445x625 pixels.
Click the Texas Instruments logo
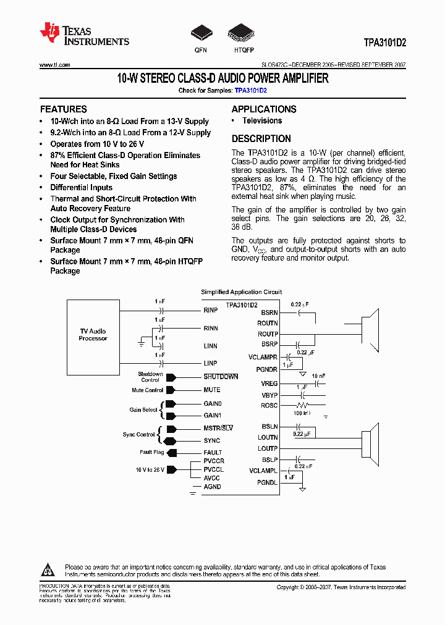(x=84, y=35)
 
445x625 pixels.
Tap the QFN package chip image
(x=201, y=33)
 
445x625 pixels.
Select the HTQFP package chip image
(x=240, y=33)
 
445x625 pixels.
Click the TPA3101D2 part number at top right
(x=384, y=44)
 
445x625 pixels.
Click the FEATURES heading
(x=63, y=109)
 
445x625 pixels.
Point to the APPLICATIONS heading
(x=264, y=109)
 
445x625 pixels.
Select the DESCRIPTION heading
(x=261, y=139)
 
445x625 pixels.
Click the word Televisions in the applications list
(x=262, y=121)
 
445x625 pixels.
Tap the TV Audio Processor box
(x=93, y=335)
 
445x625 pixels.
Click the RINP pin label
(x=211, y=309)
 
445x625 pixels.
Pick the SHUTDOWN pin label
(x=221, y=377)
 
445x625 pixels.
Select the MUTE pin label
(x=212, y=390)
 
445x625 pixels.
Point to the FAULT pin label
(x=213, y=453)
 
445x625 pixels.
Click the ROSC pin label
(x=269, y=406)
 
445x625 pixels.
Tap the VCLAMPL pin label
(x=263, y=471)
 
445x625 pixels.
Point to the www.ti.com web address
(x=54, y=64)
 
